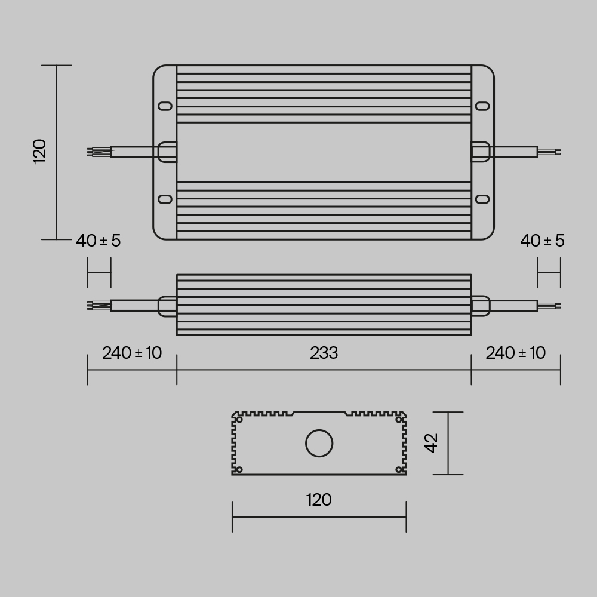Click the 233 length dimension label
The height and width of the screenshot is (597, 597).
324,353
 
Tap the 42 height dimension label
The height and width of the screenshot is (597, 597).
431,443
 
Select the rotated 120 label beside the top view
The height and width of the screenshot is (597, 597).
39,152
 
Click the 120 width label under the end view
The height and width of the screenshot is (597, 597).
319,500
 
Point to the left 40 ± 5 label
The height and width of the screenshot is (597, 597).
99,241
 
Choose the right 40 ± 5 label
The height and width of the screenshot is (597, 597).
542,241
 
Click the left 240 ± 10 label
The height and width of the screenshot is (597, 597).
132,353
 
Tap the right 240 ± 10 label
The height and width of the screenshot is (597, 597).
516,353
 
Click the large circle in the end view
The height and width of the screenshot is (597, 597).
319,444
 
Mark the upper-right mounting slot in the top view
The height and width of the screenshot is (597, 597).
482,106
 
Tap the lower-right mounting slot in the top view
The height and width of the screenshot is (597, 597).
482,199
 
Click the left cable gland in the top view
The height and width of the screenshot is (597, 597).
167,152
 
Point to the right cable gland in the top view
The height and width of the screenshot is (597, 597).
481,152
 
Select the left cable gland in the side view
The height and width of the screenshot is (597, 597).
167,306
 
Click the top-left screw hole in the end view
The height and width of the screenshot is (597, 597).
239,420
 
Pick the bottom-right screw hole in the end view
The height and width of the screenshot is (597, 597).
399,469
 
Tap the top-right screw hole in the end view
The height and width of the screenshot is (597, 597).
399,420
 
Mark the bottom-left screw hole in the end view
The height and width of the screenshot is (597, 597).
239,469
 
